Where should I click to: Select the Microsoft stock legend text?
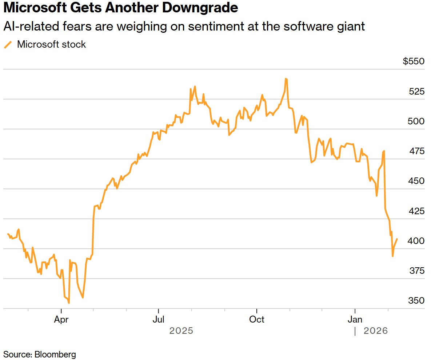52,44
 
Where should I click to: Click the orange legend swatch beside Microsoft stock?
8,45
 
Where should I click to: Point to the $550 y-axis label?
414,61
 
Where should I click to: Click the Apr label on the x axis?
61,320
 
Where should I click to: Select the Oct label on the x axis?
257,320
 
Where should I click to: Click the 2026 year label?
376,331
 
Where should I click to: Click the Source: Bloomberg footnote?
40,354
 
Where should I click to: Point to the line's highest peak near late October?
286,79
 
